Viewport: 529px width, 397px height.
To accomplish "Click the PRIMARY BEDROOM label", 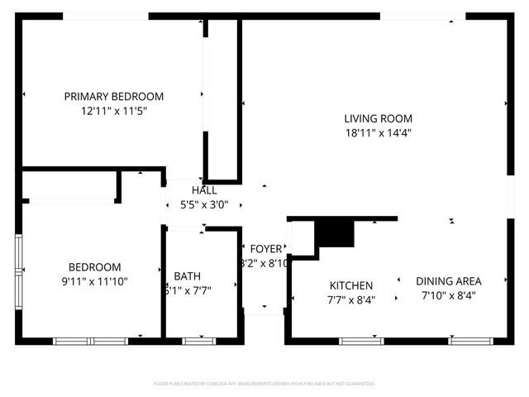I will pyautogui.click(x=114, y=96).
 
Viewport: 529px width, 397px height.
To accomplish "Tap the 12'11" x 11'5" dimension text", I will pyautogui.click(x=114, y=110).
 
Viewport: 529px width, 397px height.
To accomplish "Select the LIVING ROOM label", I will pyautogui.click(x=379, y=118).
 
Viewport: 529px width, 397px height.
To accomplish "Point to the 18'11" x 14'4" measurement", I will pyautogui.click(x=379, y=132).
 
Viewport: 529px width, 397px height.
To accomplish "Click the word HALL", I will pyautogui.click(x=204, y=190).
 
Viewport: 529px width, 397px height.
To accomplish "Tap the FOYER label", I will pyautogui.click(x=266, y=249).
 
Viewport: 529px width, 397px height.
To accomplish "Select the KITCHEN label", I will pyautogui.click(x=351, y=285).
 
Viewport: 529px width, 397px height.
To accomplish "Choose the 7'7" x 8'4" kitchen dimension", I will pyautogui.click(x=351, y=300).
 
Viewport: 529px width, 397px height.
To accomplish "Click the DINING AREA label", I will pyautogui.click(x=449, y=280).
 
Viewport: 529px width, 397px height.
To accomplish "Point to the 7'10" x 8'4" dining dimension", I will pyautogui.click(x=449, y=295).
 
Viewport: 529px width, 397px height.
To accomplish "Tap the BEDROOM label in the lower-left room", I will pyautogui.click(x=94, y=267).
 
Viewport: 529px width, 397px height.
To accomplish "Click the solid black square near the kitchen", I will pyautogui.click(x=336, y=232).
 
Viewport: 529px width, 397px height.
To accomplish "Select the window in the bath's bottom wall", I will pyautogui.click(x=198, y=341).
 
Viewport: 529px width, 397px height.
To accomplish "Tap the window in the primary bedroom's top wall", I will pyautogui.click(x=106, y=16).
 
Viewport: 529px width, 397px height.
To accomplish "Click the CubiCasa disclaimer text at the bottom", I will pyautogui.click(x=264, y=384).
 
